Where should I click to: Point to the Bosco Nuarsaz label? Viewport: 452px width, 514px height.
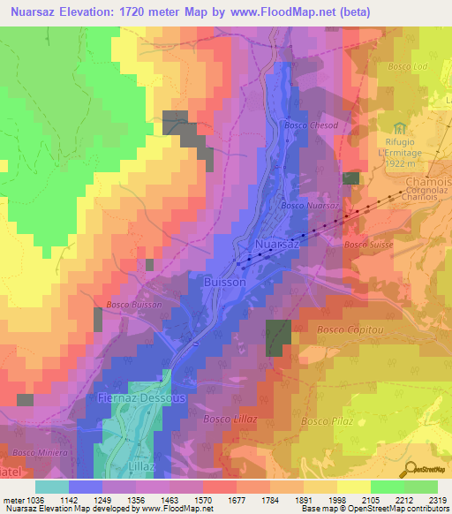[309, 205]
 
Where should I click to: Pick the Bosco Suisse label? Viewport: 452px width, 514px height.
[366, 244]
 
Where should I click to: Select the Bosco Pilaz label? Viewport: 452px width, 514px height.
[328, 422]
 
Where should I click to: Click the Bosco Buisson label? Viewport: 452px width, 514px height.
[133, 304]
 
